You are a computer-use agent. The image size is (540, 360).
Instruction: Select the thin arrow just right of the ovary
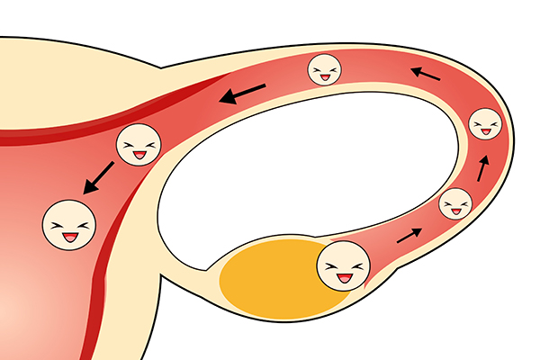point(409,236)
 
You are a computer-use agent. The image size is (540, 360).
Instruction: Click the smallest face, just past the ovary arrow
point(455,204)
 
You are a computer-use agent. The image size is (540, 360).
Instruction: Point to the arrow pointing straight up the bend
point(484,167)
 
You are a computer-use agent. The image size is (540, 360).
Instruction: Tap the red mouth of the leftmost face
point(70,238)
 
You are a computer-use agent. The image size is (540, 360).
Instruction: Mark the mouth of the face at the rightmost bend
point(486,131)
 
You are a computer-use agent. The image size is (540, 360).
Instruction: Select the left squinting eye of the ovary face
point(333,266)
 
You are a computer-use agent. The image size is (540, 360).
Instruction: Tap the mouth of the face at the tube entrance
point(139,155)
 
